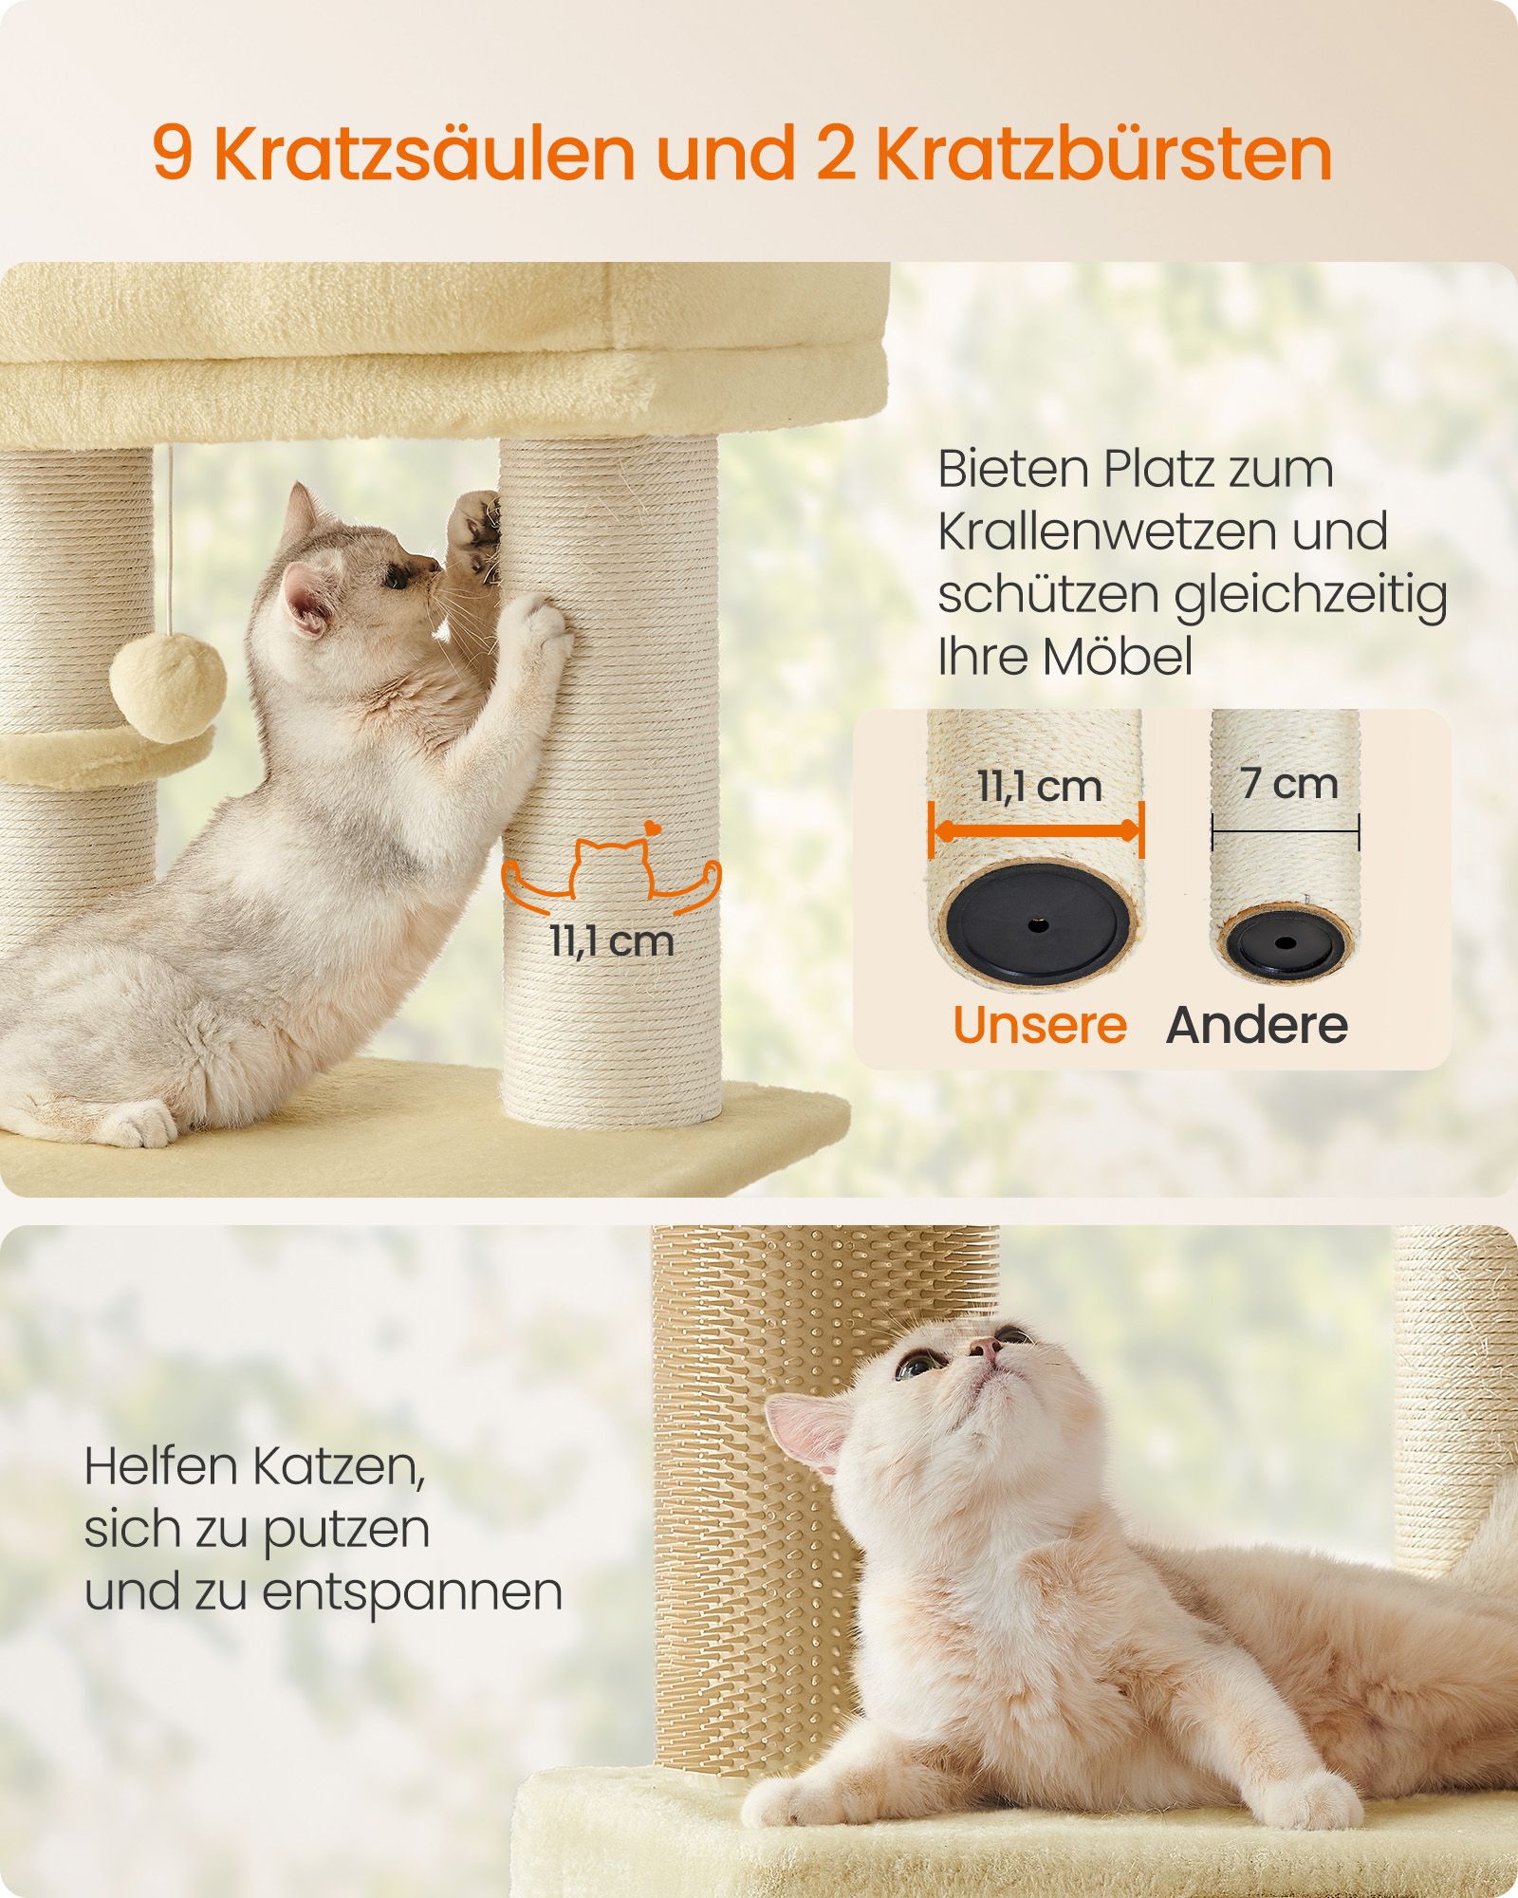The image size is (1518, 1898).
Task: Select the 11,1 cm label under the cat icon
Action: click(612, 941)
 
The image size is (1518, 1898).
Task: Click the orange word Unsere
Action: click(1039, 1025)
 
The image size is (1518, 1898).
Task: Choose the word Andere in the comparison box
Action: click(1257, 1025)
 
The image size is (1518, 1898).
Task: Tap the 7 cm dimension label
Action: click(1287, 784)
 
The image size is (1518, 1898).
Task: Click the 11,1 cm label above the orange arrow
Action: click(1039, 787)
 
